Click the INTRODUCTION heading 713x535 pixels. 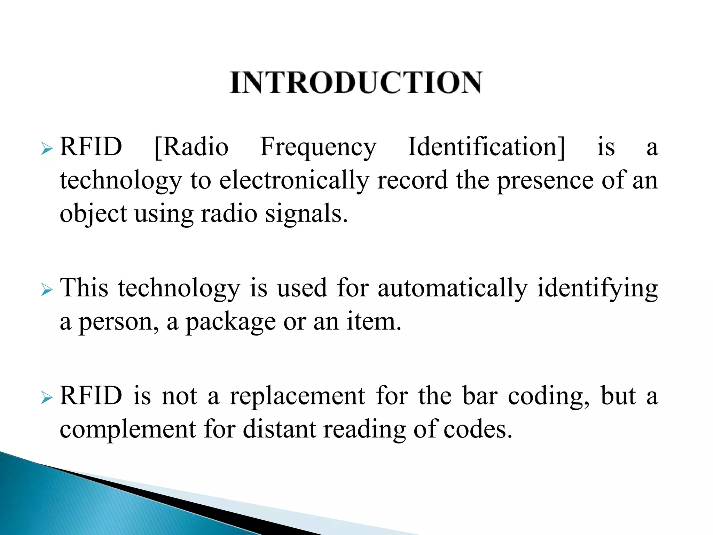click(356, 83)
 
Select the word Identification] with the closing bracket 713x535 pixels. click(486, 147)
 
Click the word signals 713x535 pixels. click(306, 214)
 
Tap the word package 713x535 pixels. click(230, 323)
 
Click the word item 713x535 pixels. click(374, 322)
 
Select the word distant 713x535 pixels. click(279, 429)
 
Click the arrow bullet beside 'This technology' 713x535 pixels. click(46, 290)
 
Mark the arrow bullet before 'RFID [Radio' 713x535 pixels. click(46, 149)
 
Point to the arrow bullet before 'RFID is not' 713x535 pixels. click(46, 398)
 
